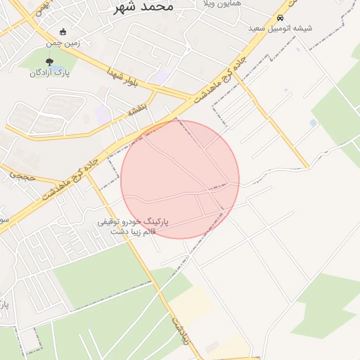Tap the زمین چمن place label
point(63,43)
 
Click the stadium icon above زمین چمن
point(63,32)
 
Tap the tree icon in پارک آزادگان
point(49,62)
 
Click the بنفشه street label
point(136,110)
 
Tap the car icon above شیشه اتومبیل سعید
point(281,18)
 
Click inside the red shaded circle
point(180,179)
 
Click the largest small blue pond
point(313,123)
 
